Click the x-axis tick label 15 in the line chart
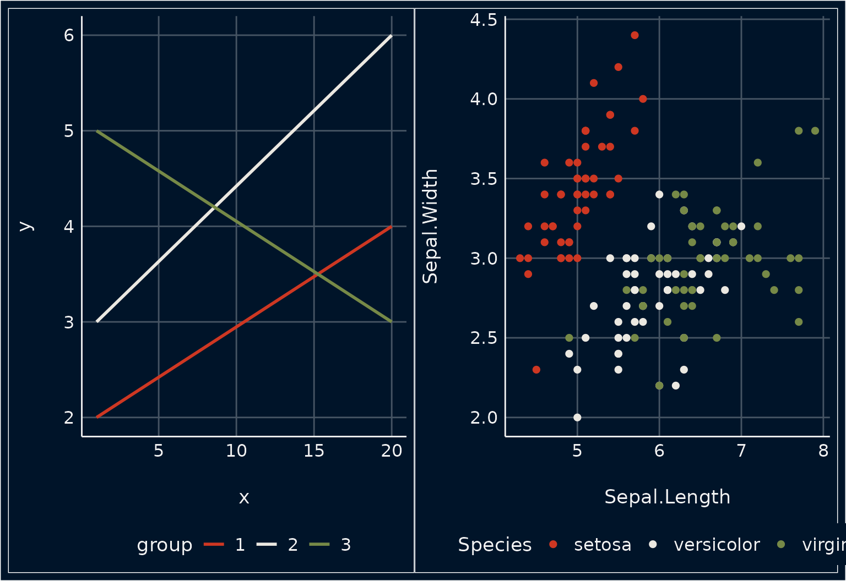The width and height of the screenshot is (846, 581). [x=314, y=451]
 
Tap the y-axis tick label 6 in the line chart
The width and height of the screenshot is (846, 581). [x=69, y=35]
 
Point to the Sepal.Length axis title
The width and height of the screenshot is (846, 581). [x=667, y=497]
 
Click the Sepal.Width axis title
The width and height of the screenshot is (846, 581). [x=430, y=226]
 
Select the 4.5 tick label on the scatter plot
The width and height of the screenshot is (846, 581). [x=484, y=20]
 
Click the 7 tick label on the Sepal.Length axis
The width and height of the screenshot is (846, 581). [x=741, y=451]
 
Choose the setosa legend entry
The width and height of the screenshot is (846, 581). [x=602, y=545]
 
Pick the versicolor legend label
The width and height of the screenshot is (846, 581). [x=717, y=545]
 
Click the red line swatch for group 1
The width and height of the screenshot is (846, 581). [x=214, y=545]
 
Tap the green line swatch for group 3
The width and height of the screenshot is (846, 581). [x=319, y=545]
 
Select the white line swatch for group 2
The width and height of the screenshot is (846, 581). [x=267, y=545]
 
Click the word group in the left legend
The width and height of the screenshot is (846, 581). [x=165, y=545]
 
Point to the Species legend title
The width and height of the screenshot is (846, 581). [x=495, y=545]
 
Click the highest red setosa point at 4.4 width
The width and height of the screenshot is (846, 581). [x=634, y=35]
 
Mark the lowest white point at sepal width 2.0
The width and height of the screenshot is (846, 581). [x=577, y=417]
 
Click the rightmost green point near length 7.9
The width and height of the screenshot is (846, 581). [x=815, y=131]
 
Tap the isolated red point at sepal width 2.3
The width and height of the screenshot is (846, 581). [x=536, y=370]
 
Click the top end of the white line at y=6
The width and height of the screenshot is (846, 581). [x=391, y=36]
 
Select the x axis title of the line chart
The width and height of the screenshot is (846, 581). [x=244, y=497]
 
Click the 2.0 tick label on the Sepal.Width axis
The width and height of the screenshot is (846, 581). [x=484, y=418]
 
